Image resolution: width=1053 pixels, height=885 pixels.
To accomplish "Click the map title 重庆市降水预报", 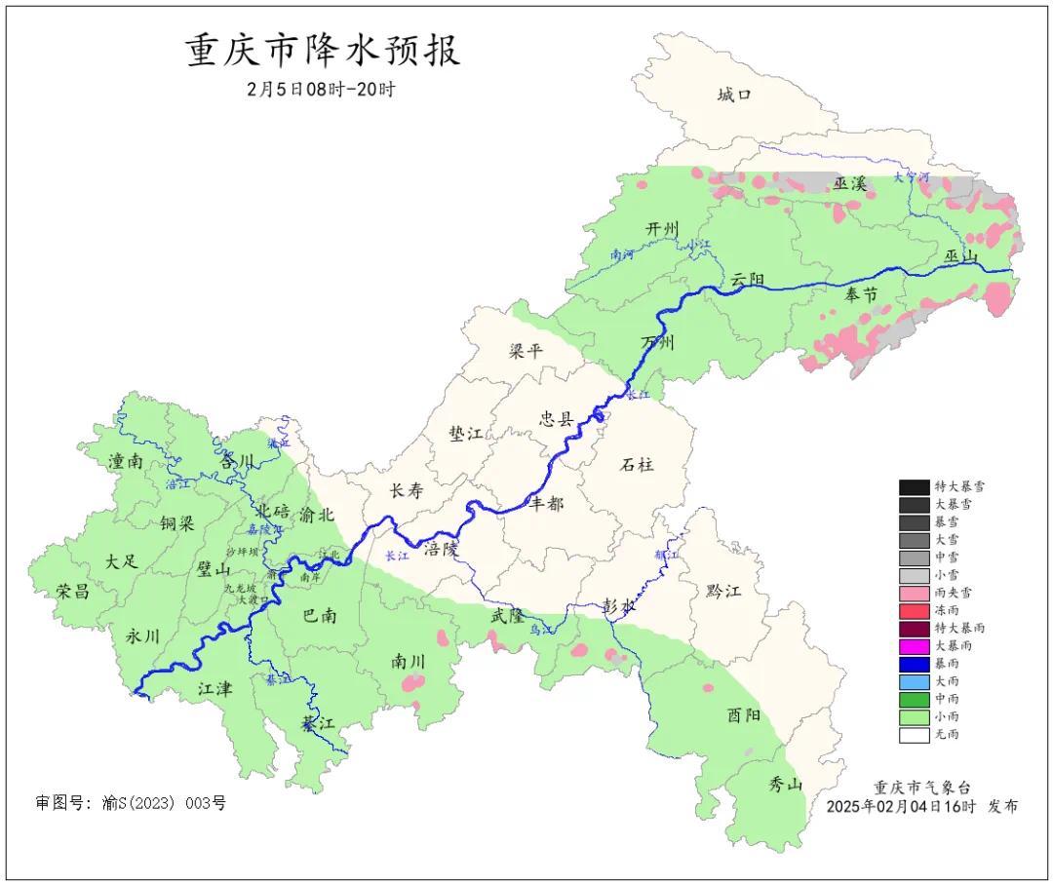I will point(323,51).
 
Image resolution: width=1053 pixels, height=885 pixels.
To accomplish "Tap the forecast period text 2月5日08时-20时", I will point(321,90).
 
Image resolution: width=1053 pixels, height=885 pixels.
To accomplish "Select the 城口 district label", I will point(734,95).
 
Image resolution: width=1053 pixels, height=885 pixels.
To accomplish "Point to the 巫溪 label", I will point(849,183).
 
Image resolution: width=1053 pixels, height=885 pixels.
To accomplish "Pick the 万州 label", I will point(657,343).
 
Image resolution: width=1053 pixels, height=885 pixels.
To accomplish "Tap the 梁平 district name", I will point(526,351).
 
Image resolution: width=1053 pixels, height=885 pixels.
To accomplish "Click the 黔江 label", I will point(722,592).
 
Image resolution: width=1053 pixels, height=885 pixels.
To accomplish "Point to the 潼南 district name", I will point(127,462).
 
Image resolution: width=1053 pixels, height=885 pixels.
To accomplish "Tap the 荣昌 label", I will point(72,591).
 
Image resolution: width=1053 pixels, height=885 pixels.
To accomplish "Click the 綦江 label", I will point(318,724).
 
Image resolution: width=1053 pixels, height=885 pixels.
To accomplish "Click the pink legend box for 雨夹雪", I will point(914,593).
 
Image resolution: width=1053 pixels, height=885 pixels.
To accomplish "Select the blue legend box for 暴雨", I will point(914,664).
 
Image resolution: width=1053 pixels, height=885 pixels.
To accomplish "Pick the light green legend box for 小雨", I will point(914,717).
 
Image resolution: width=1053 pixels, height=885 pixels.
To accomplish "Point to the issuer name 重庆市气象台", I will point(921,788).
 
